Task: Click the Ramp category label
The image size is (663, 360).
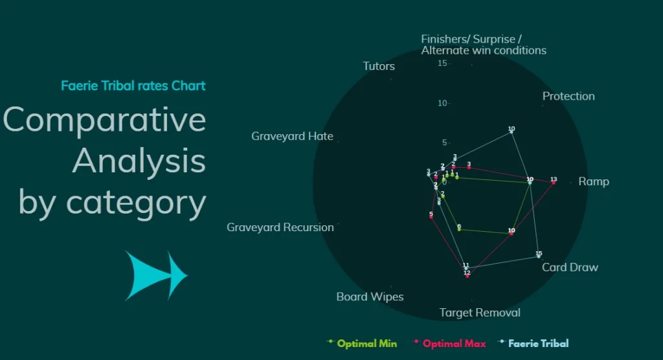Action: click(x=593, y=181)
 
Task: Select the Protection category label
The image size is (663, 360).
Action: click(x=568, y=96)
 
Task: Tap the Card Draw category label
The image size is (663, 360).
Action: click(x=570, y=267)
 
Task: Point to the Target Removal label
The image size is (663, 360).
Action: click(x=480, y=313)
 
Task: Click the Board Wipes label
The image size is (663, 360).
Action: click(x=370, y=297)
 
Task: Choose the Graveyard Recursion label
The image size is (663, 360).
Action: click(x=280, y=227)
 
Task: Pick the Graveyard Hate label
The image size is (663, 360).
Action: click(x=292, y=136)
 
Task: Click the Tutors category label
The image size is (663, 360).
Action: click(x=379, y=66)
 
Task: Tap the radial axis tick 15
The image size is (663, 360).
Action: click(x=442, y=63)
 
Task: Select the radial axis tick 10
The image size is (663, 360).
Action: click(x=442, y=103)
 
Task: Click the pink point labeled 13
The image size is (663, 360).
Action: click(x=553, y=183)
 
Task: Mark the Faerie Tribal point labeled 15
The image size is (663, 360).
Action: click(x=538, y=256)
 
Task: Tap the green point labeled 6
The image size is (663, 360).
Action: click(x=459, y=229)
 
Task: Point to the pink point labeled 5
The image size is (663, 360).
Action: click(x=431, y=217)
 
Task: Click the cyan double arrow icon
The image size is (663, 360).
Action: click(x=156, y=275)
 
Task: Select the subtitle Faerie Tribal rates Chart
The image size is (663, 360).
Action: click(x=133, y=85)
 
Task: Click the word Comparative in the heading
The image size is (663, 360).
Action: click(x=104, y=120)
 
